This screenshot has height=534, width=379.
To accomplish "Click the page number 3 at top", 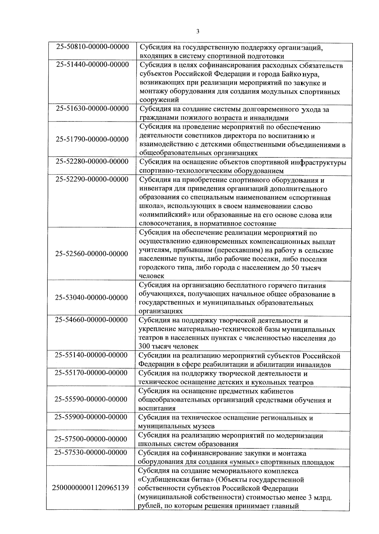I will coord(198,31).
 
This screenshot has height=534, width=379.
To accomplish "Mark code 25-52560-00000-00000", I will coord(92,254).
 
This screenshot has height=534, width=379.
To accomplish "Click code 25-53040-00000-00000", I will coord(92,298).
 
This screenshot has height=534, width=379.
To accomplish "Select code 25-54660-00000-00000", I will coord(92,320).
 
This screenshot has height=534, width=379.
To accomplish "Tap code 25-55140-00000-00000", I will coord(92,355).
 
